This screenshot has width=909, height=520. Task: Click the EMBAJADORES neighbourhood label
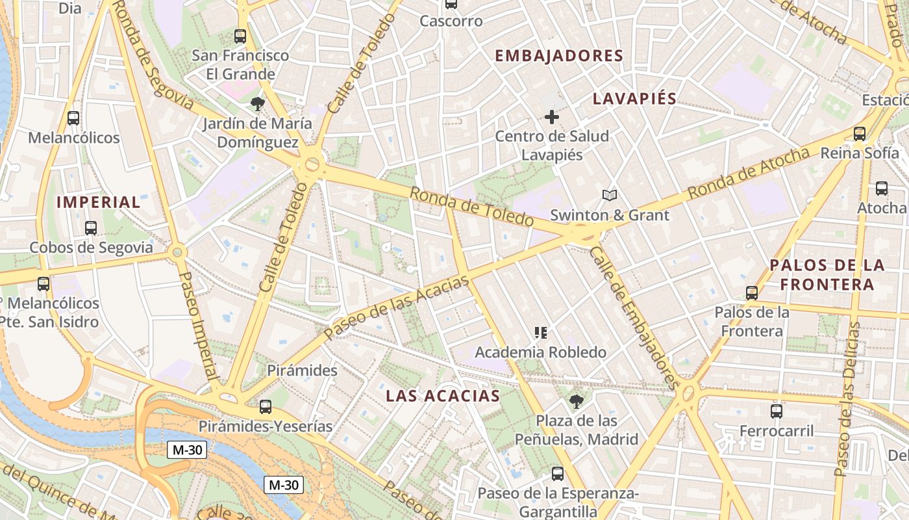tap(558, 56)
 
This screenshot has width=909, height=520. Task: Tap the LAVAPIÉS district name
tap(634, 99)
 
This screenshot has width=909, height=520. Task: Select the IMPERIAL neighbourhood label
tap(98, 202)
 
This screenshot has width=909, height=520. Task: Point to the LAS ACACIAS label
tap(443, 396)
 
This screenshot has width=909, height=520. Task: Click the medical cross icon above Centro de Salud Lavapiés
tap(552, 117)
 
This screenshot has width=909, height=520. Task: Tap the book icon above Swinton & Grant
tap(609, 195)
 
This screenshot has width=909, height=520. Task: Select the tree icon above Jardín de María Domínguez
tap(257, 103)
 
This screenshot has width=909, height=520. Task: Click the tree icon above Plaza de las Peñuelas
tap(576, 401)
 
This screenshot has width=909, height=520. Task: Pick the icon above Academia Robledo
tap(540, 333)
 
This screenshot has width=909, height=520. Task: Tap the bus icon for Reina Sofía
tap(860, 134)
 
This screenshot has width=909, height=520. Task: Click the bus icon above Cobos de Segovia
tap(91, 228)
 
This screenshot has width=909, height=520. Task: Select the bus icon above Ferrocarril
tap(777, 411)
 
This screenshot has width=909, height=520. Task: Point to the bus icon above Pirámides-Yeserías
tap(265, 407)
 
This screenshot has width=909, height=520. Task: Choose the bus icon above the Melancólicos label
tap(73, 118)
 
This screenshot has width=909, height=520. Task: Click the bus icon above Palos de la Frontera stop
tap(752, 292)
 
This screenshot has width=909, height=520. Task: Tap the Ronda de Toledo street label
tap(471, 207)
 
